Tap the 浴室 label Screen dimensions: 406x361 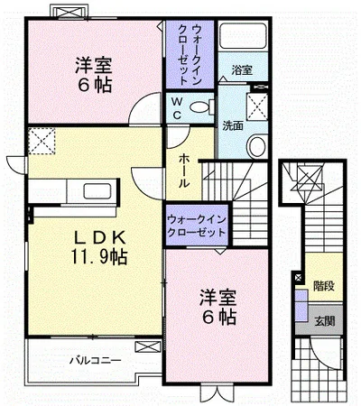click(x=241, y=69)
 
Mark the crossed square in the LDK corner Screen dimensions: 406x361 click(x=42, y=141)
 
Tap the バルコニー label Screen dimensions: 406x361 click(x=95, y=361)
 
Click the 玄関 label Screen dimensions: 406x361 click(x=322, y=320)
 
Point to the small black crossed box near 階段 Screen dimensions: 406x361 click(x=298, y=281)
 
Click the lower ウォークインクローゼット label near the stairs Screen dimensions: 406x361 click(x=196, y=226)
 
